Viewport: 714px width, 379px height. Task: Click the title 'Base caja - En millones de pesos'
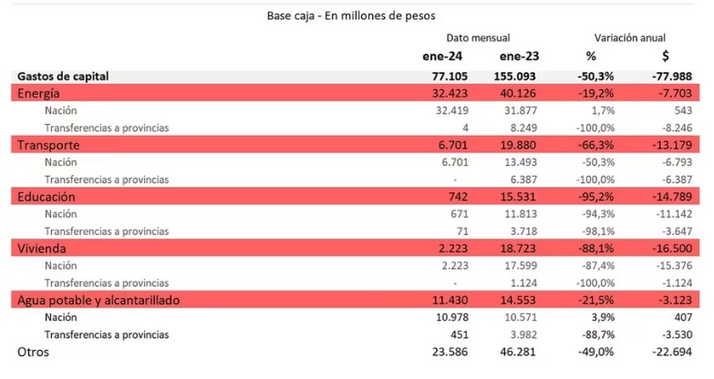(351, 15)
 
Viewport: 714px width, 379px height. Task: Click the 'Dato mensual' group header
(478, 37)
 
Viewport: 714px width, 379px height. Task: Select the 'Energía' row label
(39, 93)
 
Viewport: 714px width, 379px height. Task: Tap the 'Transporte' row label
(48, 145)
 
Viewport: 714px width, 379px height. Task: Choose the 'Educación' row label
(46, 196)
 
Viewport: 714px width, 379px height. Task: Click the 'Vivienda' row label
(42, 248)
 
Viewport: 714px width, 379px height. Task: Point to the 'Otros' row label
(34, 352)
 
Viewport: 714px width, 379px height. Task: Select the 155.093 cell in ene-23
(518, 77)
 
